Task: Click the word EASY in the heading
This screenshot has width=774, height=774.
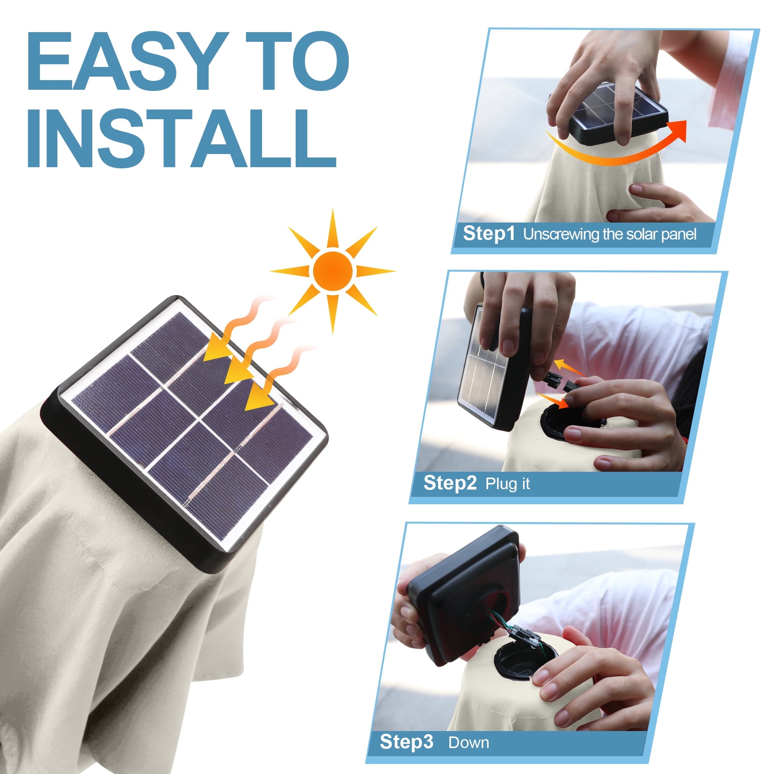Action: (x=127, y=61)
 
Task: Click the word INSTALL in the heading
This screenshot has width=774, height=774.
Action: (x=182, y=138)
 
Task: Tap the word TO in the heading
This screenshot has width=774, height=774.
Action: (x=297, y=61)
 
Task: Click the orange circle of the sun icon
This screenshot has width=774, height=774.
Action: (x=333, y=271)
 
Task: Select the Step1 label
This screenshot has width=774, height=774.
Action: (x=489, y=234)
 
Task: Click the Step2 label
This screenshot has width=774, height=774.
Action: (x=450, y=483)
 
